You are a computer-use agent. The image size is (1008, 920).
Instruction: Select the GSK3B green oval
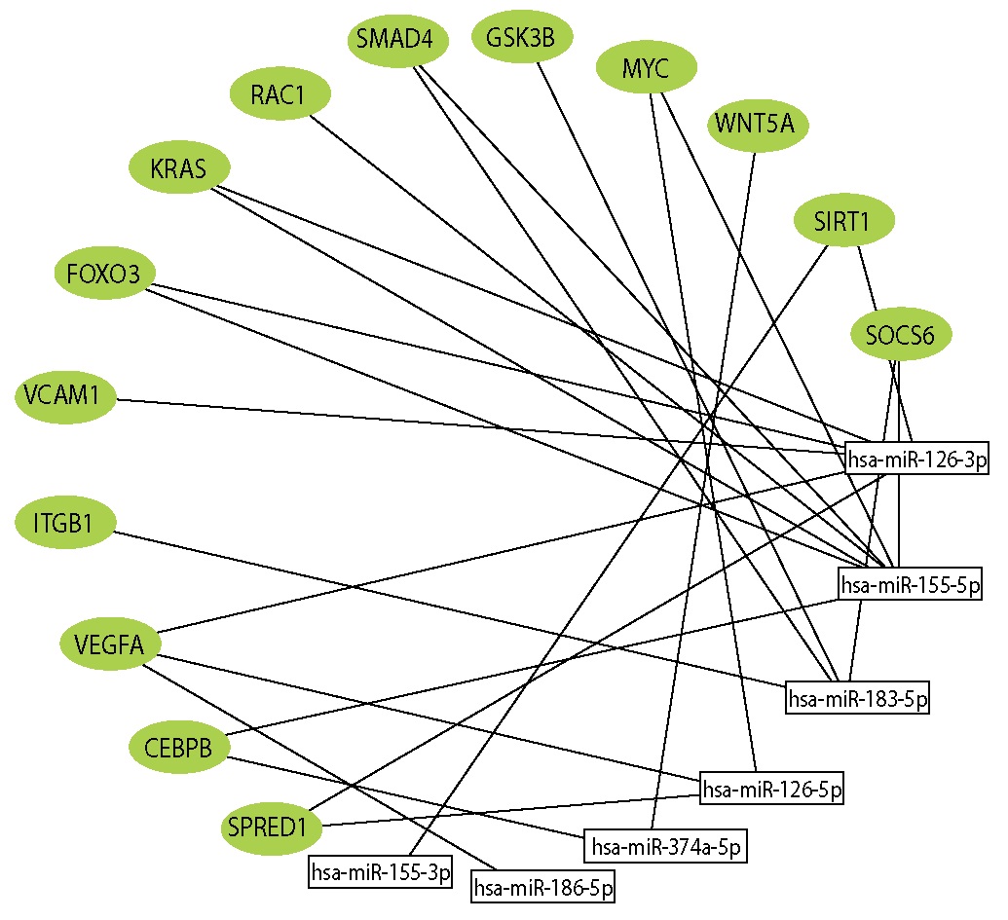tap(523, 39)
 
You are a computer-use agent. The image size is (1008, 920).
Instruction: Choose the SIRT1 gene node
tap(842, 222)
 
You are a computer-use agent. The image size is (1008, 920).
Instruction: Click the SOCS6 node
tap(901, 336)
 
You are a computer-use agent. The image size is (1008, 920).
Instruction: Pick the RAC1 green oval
tap(280, 95)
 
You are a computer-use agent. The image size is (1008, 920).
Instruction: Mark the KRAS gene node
tap(179, 168)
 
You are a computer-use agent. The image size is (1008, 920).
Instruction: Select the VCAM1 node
tap(65, 396)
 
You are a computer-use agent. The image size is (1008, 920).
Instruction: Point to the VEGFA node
tap(109, 644)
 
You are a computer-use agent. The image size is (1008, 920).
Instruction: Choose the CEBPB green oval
tap(180, 749)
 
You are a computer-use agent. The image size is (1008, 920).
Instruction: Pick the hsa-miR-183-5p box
tap(858, 697)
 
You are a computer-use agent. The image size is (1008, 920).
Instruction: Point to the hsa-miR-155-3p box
tap(382, 872)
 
